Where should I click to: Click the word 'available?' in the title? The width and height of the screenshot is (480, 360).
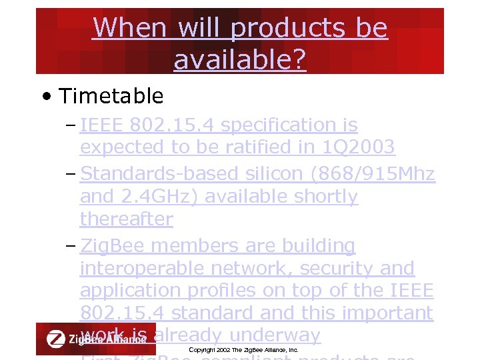[240, 60]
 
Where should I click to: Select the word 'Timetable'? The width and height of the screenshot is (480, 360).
[111, 96]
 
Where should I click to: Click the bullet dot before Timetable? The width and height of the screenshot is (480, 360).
[45, 97]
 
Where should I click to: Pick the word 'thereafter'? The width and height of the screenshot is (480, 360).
[127, 219]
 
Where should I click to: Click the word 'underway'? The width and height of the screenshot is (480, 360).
[275, 335]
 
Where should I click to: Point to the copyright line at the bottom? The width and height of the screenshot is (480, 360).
[243, 349]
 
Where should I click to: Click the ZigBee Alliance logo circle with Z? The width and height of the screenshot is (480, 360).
[56, 339]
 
